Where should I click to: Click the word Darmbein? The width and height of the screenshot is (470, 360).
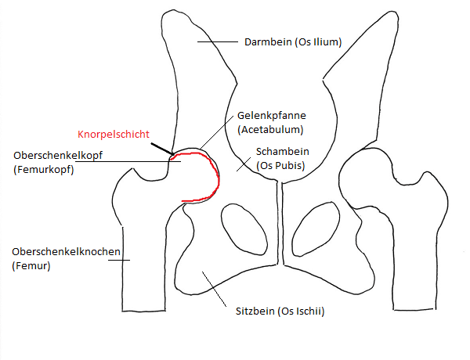click(x=268, y=42)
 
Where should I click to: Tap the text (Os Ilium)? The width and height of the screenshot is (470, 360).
click(x=318, y=42)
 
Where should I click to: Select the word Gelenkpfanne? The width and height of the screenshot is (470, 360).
click(x=272, y=116)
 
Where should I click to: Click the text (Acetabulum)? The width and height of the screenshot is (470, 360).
click(x=270, y=130)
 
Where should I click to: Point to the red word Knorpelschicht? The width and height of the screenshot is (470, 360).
click(x=114, y=134)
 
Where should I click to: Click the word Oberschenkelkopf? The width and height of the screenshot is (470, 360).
click(x=58, y=156)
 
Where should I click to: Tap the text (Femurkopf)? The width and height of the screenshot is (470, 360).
click(x=44, y=170)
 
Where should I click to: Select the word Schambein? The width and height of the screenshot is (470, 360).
click(x=282, y=152)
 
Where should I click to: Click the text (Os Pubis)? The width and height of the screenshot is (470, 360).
click(x=280, y=165)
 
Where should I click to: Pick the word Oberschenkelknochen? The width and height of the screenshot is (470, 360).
click(x=66, y=251)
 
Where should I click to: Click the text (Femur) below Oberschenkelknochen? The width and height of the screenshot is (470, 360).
click(x=31, y=265)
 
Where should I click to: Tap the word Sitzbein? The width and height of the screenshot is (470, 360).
click(x=255, y=311)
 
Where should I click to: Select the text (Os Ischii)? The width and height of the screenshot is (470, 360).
click(x=302, y=311)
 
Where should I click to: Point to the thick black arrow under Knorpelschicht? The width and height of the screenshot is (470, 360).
click(x=163, y=149)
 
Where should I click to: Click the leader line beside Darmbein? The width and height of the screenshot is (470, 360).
click(x=217, y=42)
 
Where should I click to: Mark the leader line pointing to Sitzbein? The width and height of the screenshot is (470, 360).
click(x=214, y=289)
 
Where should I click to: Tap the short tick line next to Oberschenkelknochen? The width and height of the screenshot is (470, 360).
click(x=119, y=260)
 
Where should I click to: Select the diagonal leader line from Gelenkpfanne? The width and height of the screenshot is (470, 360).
click(x=217, y=132)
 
